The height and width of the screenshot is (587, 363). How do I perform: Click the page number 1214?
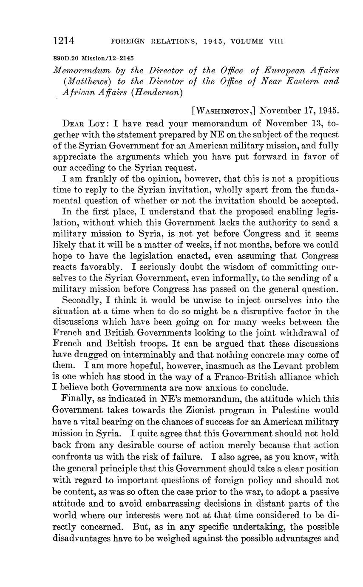click(x=64, y=41)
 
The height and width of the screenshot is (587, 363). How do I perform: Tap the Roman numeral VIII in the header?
click(x=276, y=42)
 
